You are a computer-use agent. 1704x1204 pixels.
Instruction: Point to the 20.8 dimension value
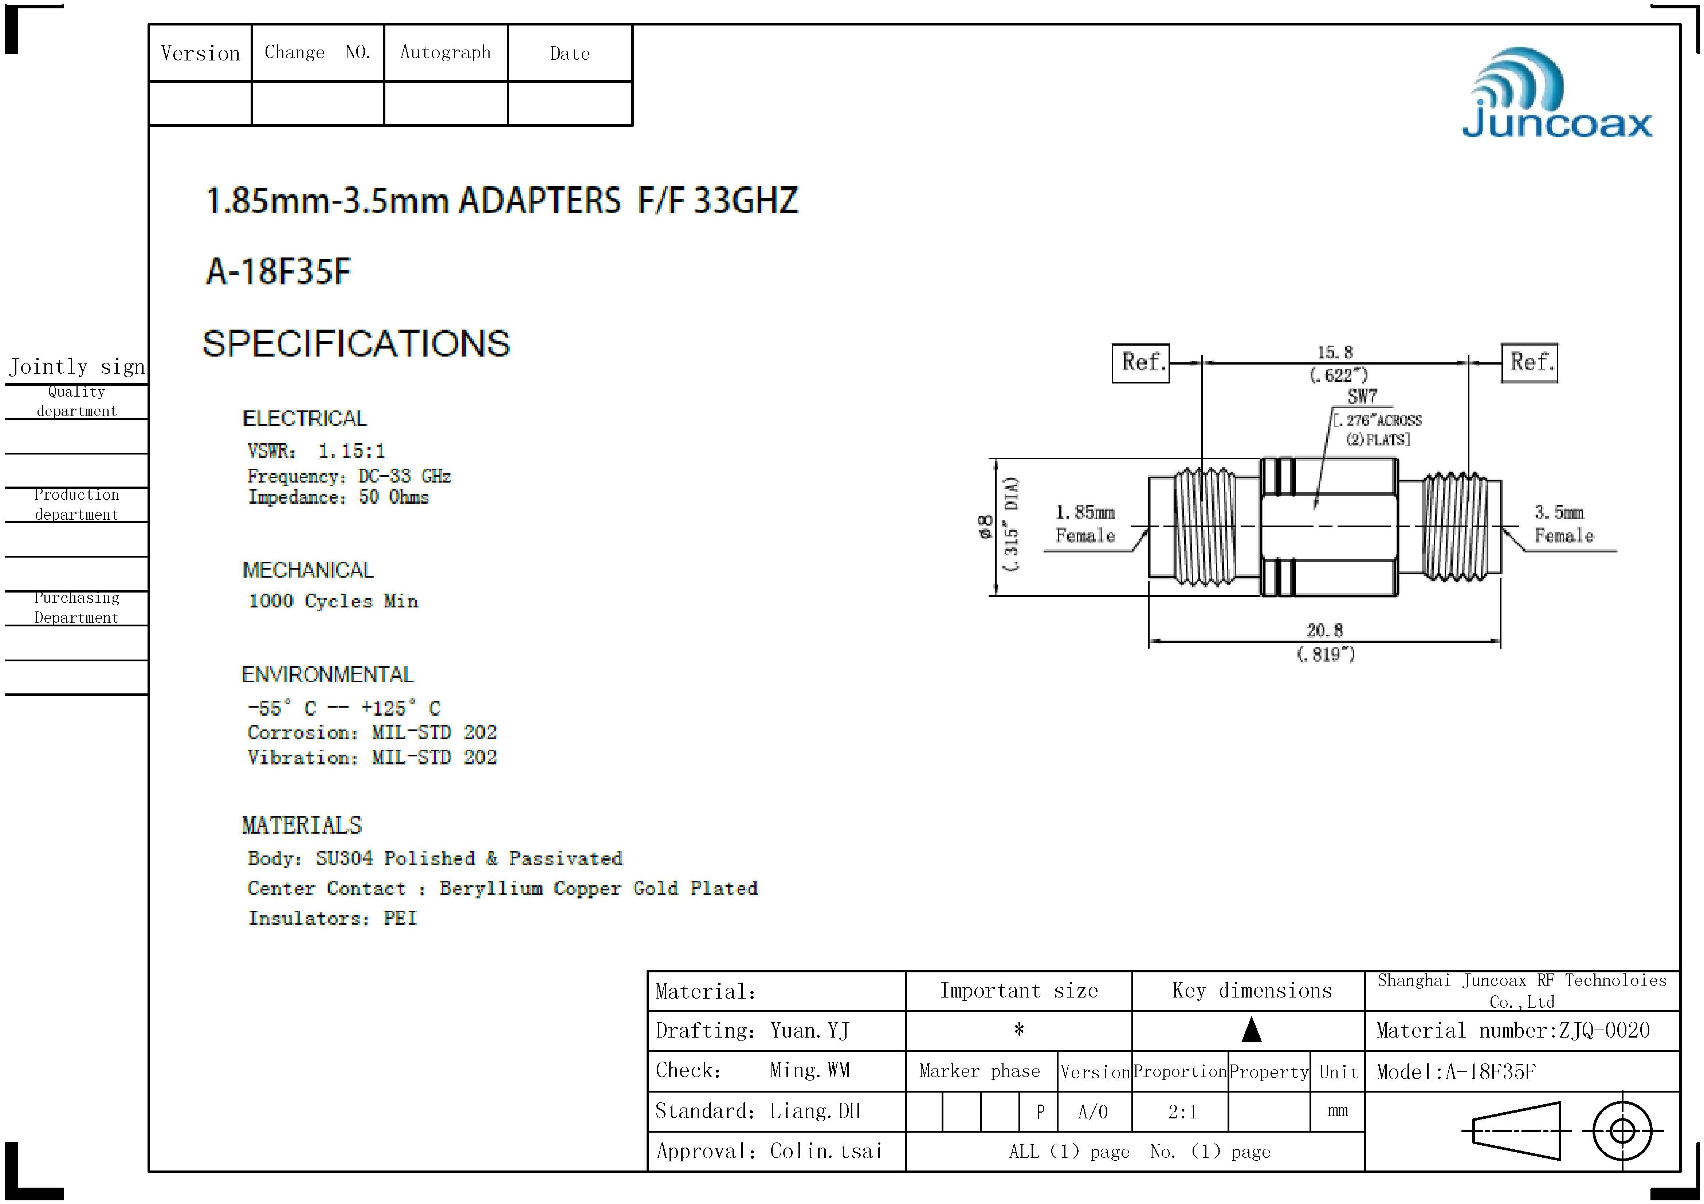coord(1325,630)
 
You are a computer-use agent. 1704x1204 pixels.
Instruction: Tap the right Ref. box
coord(1530,363)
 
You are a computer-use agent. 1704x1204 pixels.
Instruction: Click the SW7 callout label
coord(1362,397)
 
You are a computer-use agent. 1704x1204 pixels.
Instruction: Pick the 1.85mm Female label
coord(1085,524)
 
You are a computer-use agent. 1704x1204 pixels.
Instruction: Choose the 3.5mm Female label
coord(1563,524)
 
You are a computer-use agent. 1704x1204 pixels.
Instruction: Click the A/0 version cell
coord(1093,1112)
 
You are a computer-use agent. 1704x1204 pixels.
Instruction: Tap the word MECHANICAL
coord(308,570)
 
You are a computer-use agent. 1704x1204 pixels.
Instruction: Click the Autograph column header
coord(445,53)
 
